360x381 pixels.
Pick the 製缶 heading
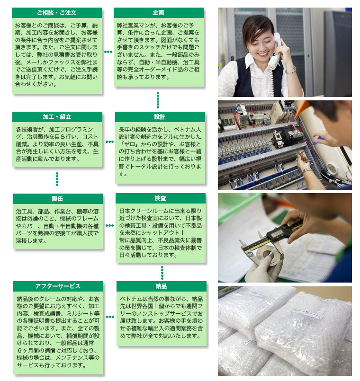point(58,198)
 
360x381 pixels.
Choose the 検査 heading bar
point(160,198)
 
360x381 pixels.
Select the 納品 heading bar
point(161,286)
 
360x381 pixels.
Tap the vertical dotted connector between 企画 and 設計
point(158,100)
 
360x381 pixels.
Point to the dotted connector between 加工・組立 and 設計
point(109,142)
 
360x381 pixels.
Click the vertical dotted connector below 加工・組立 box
point(57,179)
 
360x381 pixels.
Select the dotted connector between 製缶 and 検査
point(109,226)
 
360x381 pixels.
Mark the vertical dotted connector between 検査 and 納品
point(162,273)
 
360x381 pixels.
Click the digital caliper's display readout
point(278,234)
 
